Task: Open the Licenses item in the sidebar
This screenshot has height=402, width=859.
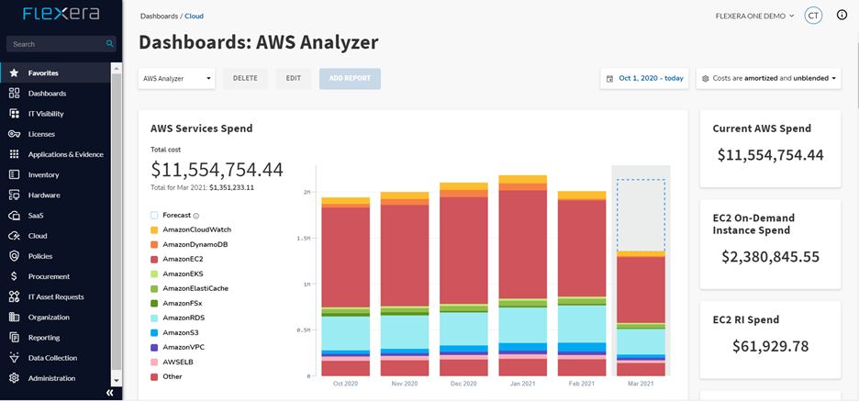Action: (x=41, y=134)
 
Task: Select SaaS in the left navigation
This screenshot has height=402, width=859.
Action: (x=36, y=216)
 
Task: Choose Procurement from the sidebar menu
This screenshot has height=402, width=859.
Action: (x=49, y=276)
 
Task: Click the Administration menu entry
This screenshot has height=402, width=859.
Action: (x=51, y=378)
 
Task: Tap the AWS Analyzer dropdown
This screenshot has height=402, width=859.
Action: (x=176, y=79)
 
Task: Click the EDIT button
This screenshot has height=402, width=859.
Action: (x=293, y=79)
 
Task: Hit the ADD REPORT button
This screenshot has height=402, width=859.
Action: (x=350, y=79)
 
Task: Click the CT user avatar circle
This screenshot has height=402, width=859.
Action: (x=812, y=16)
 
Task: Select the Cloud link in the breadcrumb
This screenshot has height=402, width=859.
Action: (x=194, y=17)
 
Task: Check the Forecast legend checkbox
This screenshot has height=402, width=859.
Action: (x=154, y=216)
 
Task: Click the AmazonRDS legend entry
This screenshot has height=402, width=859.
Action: (x=184, y=318)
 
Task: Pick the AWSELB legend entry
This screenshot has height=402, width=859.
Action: (x=178, y=362)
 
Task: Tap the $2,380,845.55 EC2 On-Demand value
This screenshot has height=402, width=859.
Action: (x=769, y=257)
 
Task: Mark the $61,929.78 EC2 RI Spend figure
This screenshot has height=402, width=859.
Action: (x=769, y=346)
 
